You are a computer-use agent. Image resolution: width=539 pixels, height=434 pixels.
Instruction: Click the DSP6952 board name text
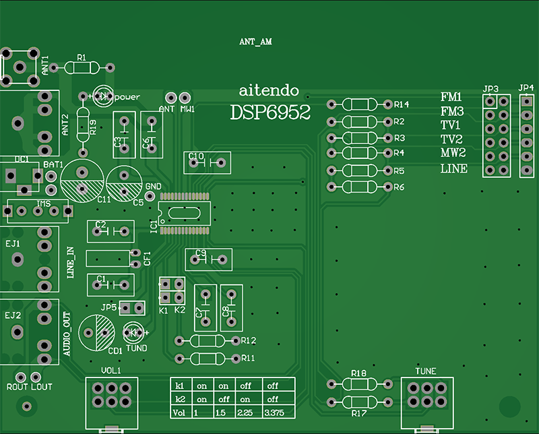[x=270, y=112]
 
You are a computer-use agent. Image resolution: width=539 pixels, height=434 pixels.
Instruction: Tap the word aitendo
[x=269, y=90]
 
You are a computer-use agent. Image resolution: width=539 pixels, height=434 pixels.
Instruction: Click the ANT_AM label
[x=255, y=42]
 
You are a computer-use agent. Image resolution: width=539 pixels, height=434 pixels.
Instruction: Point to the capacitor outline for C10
[x=208, y=162]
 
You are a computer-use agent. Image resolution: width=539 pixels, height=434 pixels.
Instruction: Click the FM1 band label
[x=451, y=96]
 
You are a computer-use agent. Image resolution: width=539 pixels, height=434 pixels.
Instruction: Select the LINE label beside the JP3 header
[x=453, y=168]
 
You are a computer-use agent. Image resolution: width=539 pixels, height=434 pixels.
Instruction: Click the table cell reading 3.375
[x=276, y=412]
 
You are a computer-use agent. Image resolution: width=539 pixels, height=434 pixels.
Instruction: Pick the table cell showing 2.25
[x=246, y=412]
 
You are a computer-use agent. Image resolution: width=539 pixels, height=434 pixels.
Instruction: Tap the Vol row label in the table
[x=179, y=412]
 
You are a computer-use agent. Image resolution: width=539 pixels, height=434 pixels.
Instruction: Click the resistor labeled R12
[x=208, y=341]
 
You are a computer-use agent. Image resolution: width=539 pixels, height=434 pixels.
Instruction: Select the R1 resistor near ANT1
[x=88, y=67]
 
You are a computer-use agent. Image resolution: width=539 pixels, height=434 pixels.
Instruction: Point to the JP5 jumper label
[x=108, y=307]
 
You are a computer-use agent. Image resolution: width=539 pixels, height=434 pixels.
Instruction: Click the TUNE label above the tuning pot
[x=426, y=371]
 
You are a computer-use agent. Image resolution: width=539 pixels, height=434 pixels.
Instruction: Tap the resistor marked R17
[x=359, y=402]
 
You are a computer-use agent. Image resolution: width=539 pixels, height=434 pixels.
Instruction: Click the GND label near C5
[x=153, y=186]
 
